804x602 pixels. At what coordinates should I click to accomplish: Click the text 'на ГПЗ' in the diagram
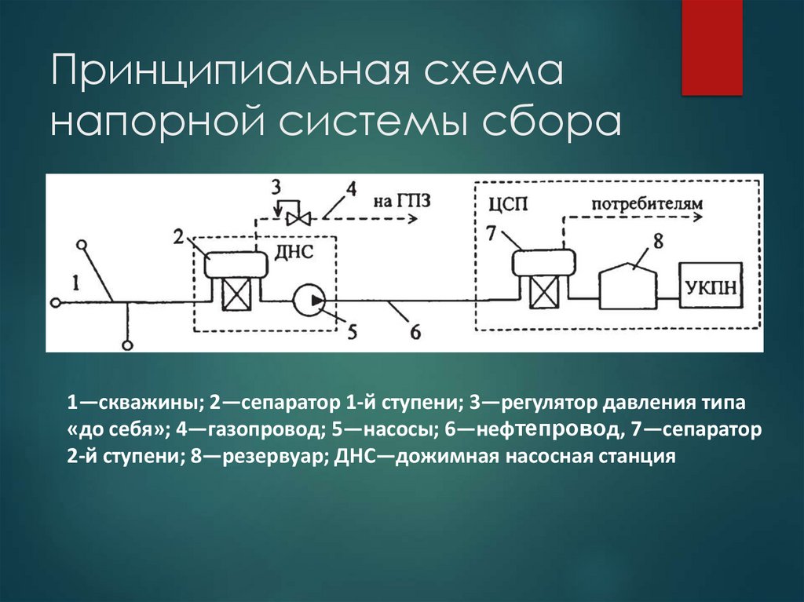click(x=401, y=200)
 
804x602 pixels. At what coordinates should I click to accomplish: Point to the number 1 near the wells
click(x=76, y=283)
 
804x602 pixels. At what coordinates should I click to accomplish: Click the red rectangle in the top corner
click(x=711, y=47)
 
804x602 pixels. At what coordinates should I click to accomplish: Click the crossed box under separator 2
click(x=236, y=298)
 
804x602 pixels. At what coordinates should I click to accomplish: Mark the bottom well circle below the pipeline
click(x=127, y=343)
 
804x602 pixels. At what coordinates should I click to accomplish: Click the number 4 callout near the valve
click(x=350, y=189)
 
